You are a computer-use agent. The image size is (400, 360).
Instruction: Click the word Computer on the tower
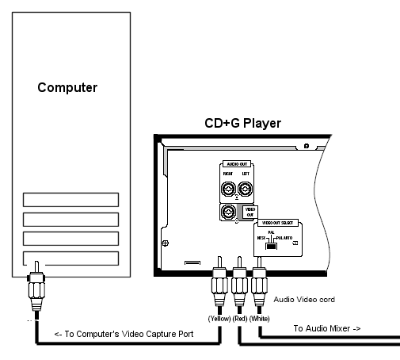coord(67,86)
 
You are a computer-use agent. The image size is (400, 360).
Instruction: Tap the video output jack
coord(228,212)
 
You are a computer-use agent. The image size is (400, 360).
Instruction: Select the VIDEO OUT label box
coord(249,212)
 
